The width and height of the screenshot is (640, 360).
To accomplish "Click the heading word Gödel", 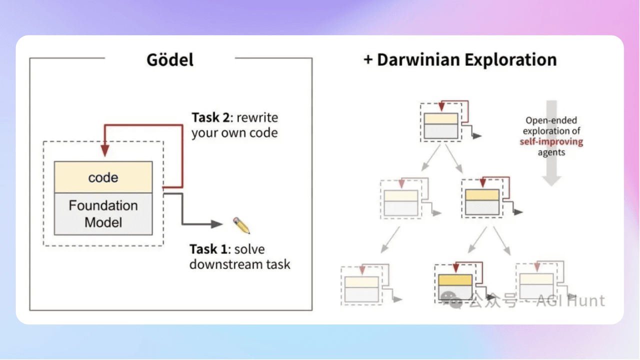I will click(170, 60).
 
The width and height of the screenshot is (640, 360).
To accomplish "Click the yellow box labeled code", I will click(103, 177).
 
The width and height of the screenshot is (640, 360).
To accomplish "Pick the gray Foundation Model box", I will click(103, 213).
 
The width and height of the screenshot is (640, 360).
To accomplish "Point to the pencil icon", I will click(241, 225).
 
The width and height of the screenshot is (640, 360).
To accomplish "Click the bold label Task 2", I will click(212, 118).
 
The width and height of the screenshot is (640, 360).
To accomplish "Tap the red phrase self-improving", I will click(551, 141).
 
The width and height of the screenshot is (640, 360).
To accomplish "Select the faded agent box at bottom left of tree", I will click(361, 289).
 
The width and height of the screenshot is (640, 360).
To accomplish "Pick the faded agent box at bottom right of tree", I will click(536, 285).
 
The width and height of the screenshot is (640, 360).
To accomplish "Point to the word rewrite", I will click(257, 118).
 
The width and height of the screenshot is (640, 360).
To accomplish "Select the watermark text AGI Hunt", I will click(570, 301).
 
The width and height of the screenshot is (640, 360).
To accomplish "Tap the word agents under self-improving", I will click(551, 152).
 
